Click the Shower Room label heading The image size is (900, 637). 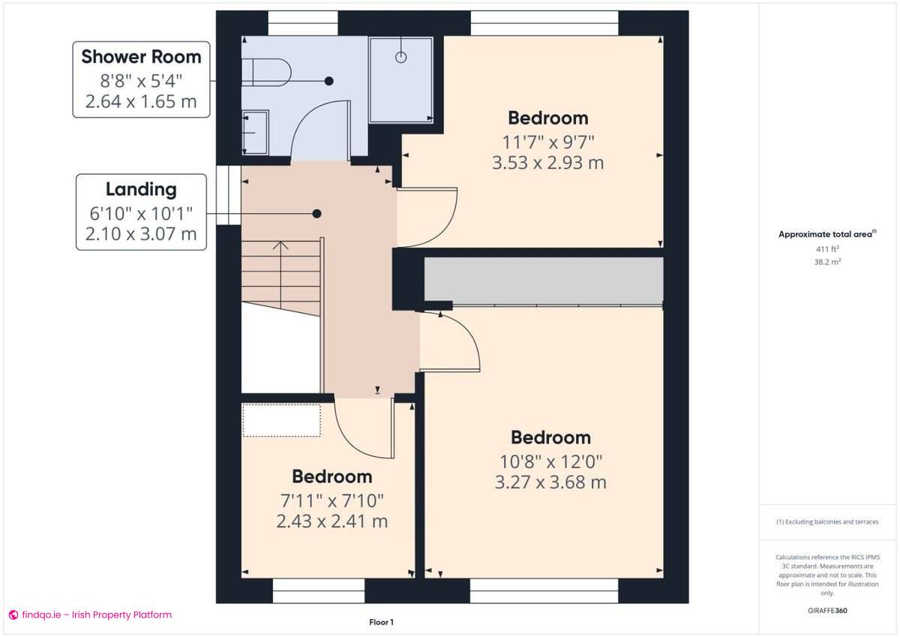coord(141,56)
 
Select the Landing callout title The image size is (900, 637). coord(141,189)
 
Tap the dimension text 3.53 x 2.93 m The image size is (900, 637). coord(547,162)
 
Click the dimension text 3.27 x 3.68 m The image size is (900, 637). coord(550,482)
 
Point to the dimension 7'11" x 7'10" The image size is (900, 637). coord(331,500)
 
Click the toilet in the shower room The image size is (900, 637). coord(270,73)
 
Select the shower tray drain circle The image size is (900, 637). coord(400,57)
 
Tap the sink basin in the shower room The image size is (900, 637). coord(255,133)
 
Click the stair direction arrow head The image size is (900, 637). coord(280,245)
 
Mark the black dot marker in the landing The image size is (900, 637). coord(317,214)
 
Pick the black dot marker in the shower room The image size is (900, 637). coord(328,80)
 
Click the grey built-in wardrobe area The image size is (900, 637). coord(544,281)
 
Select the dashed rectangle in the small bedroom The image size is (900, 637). coord(281,420)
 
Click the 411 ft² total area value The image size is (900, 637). coord(826,248)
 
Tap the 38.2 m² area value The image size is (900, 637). coord(826,262)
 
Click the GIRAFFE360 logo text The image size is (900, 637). coord(826,611)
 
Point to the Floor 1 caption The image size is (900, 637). coord(381,622)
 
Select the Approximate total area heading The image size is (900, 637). coord(826,234)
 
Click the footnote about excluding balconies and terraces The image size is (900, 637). coord(826,521)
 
